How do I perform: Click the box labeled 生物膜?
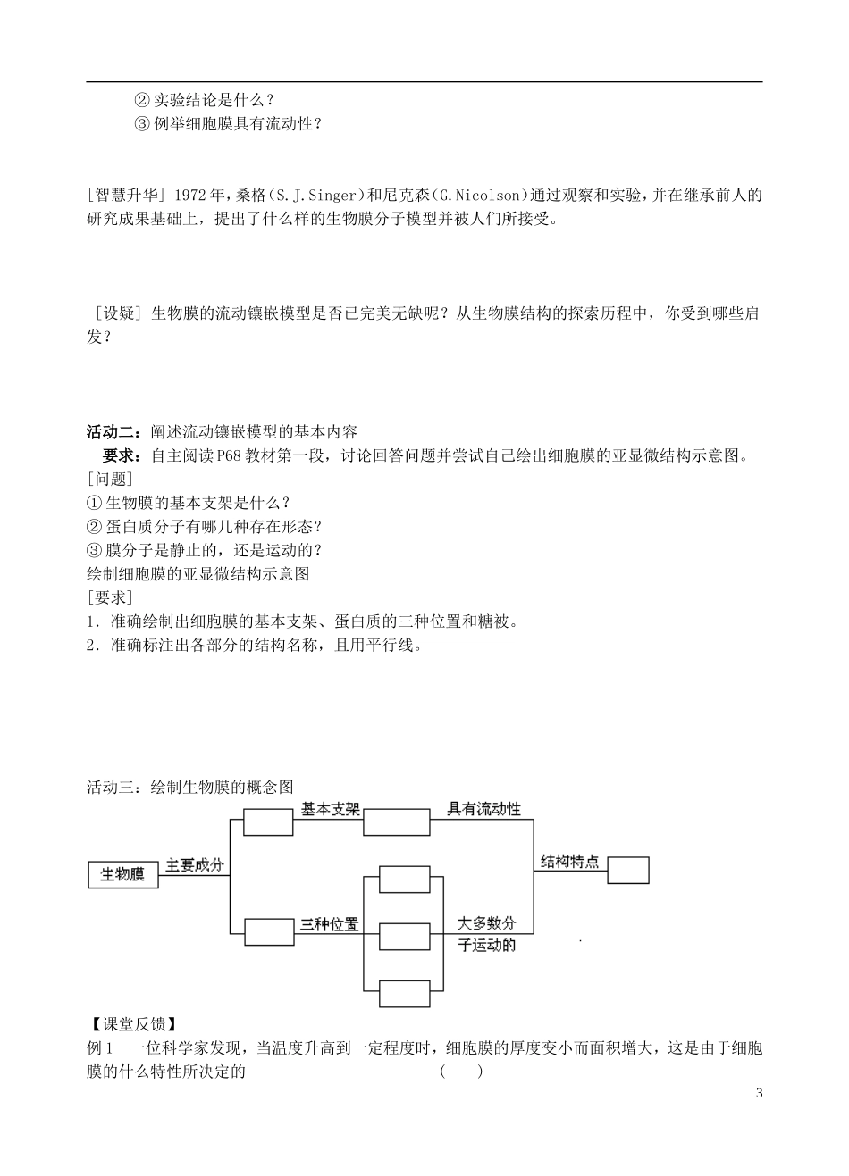click(x=122, y=874)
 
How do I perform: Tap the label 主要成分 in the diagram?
click(x=194, y=865)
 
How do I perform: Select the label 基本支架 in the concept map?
click(x=330, y=809)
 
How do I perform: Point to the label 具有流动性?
click(x=483, y=809)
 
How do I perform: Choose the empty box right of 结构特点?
click(x=628, y=870)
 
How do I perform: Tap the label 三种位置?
click(x=329, y=924)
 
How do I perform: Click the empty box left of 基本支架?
click(x=268, y=822)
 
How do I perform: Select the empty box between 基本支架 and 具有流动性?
click(x=396, y=822)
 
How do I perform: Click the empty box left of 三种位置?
click(x=268, y=932)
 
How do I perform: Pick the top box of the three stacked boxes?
click(x=405, y=879)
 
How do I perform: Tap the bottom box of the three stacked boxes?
click(x=405, y=993)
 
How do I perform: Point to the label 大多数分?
click(x=486, y=923)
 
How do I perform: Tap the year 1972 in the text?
click(x=190, y=195)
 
